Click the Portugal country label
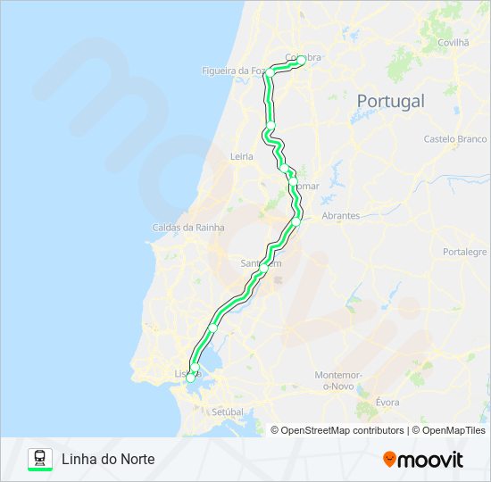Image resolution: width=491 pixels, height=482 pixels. pos(390,101)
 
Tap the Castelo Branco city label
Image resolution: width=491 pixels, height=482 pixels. pos(455,139)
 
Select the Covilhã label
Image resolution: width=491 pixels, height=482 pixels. pos(454,42)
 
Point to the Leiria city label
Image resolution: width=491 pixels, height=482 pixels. pos(242,156)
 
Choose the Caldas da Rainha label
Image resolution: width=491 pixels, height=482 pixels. pos(188,228)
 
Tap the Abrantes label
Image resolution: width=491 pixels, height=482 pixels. pos(340,216)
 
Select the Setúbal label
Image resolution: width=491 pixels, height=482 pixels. pos(228,411)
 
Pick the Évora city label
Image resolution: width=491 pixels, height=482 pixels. pos(387,403)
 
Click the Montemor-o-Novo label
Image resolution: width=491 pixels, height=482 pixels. pos(337,381)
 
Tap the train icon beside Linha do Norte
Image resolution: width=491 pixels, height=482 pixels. pos(40,459)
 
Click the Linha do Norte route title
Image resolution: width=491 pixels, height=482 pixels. pos(108,459)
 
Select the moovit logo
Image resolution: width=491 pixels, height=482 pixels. pos(423,460)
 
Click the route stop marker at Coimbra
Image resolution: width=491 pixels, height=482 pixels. pos(301,60)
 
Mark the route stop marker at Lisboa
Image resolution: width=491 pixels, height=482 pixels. pos(189,378)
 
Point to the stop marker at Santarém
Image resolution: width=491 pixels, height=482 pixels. pos(263,268)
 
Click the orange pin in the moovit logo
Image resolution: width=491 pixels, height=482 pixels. pos(389,460)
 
